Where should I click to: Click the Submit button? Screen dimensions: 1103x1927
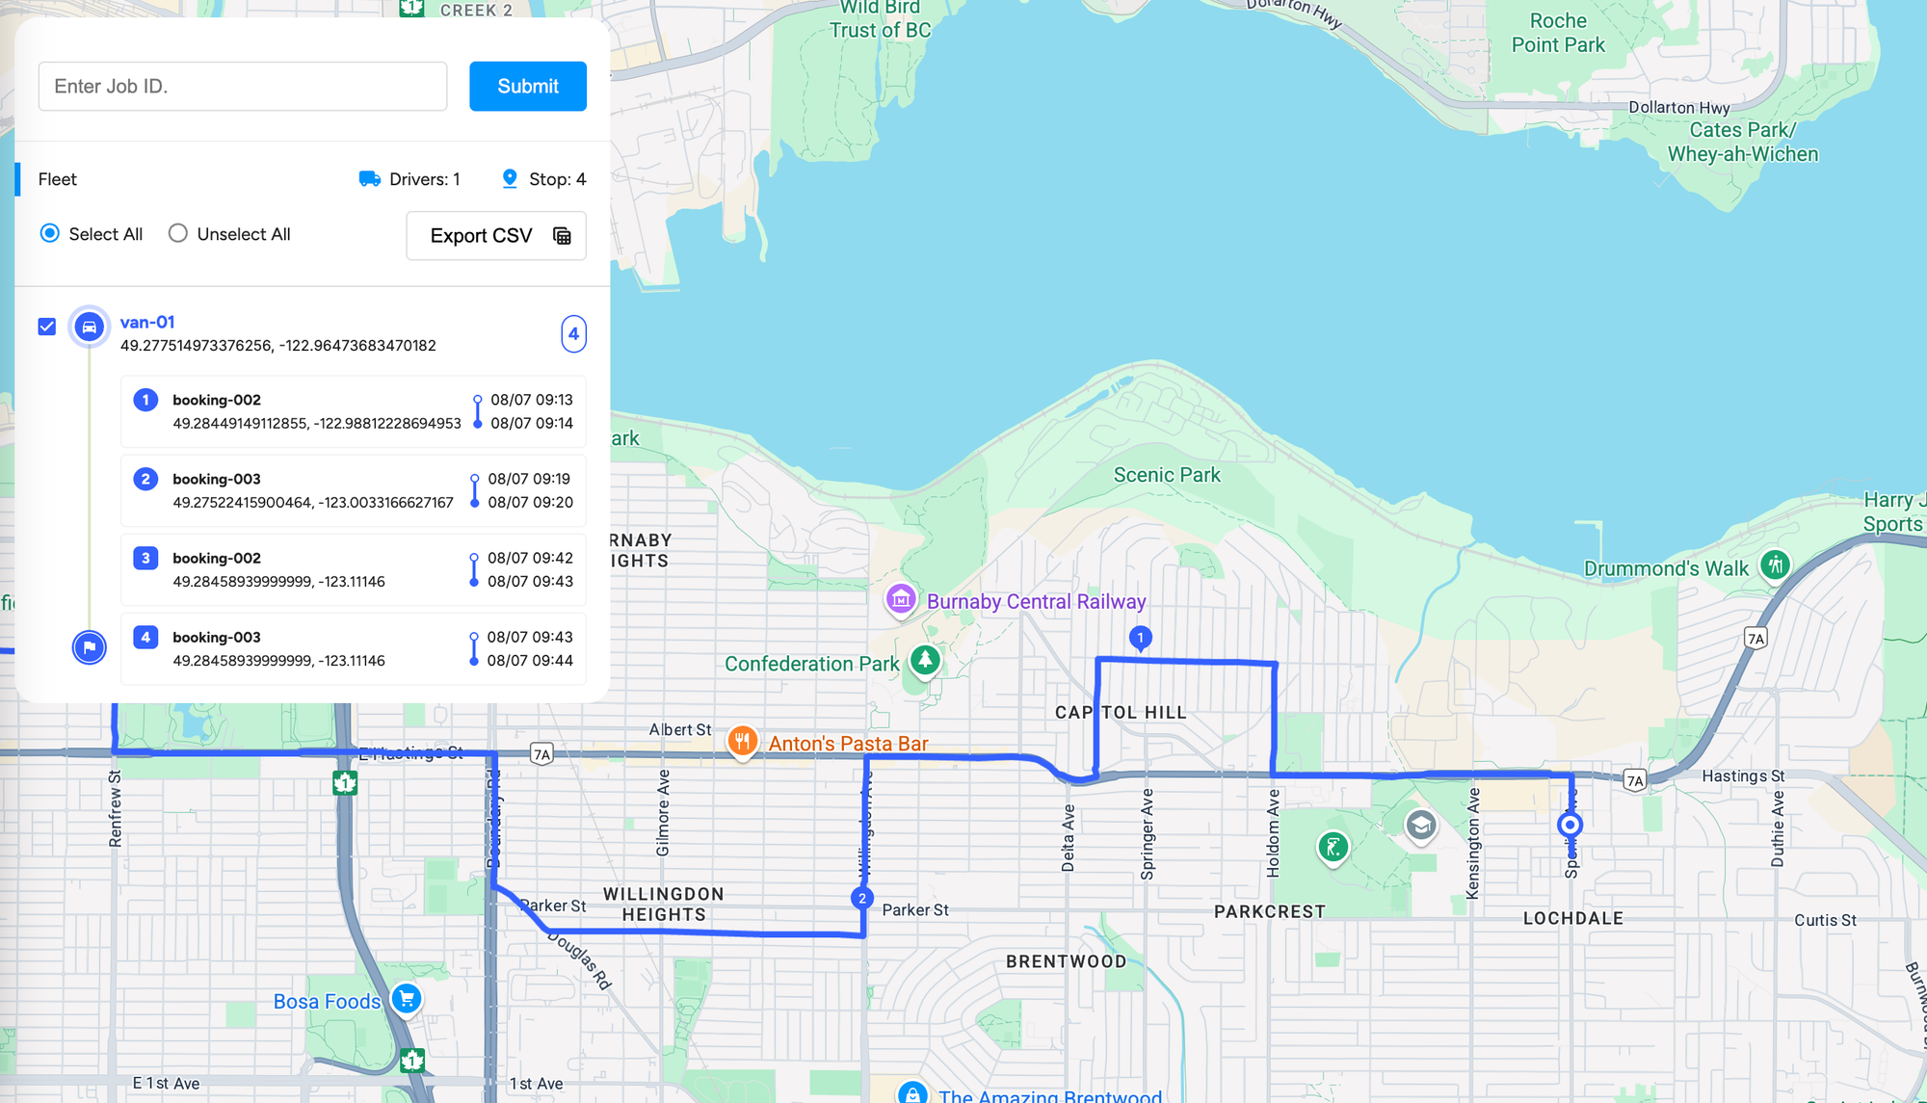[x=527, y=87]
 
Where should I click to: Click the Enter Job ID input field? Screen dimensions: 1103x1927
[x=243, y=87]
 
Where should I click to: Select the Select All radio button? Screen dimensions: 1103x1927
[x=50, y=234]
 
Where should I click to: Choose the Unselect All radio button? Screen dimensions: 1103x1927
[x=178, y=234]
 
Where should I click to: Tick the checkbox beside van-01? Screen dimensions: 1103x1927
[x=47, y=327]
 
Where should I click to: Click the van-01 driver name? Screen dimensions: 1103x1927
[x=147, y=323]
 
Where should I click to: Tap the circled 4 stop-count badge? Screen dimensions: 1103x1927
[x=573, y=334]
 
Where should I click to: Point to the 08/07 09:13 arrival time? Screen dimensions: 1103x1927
[x=532, y=400]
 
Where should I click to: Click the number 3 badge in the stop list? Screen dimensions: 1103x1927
[x=145, y=558]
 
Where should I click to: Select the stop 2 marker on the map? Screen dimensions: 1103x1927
[x=862, y=898]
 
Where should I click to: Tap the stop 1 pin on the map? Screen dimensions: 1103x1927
[x=1140, y=638]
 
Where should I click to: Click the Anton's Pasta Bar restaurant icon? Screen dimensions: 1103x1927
[x=741, y=741]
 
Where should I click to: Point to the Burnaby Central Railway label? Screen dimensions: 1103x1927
[x=1036, y=602]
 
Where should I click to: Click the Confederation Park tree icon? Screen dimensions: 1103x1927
[x=925, y=660]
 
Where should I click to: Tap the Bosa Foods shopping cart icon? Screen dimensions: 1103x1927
[x=407, y=998]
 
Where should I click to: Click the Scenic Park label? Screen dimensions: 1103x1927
[x=1167, y=475]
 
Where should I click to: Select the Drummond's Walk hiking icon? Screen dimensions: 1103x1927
[x=1775, y=565]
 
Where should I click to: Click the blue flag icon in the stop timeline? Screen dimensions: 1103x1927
[x=90, y=647]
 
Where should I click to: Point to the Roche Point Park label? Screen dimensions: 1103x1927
[x=1558, y=33]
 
